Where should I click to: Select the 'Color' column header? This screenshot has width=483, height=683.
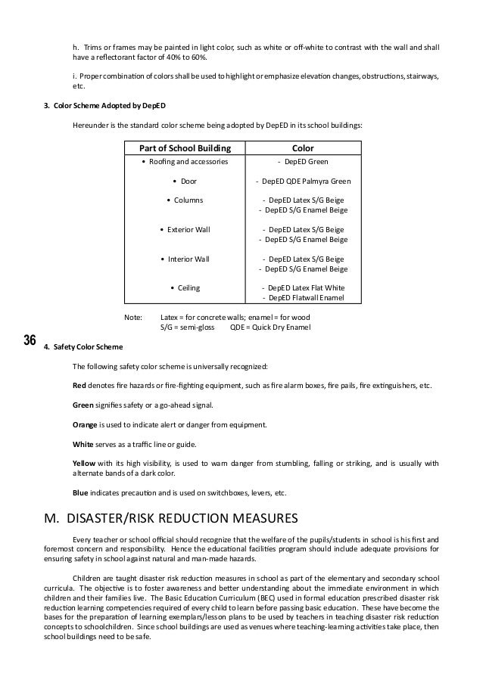[x=303, y=147]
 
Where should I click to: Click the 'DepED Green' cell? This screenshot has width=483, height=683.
[x=303, y=162]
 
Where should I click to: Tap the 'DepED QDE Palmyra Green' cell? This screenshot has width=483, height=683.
[x=303, y=182]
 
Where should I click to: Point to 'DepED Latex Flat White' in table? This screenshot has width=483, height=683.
[x=303, y=288]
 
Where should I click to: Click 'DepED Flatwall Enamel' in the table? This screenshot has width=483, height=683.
[x=303, y=298]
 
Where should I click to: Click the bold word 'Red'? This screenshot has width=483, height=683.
[x=79, y=386]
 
